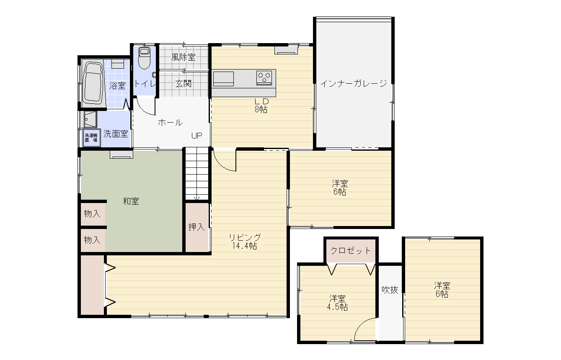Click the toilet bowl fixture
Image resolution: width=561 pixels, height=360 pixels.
pyautogui.click(x=144, y=58)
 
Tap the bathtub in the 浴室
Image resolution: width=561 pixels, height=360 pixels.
pyautogui.click(x=93, y=83)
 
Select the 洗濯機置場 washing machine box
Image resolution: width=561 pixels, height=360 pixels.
pyautogui.click(x=92, y=138)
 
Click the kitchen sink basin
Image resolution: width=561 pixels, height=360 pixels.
pyautogui.click(x=223, y=79)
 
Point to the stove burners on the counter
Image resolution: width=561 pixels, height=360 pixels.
pyautogui.click(x=264, y=78)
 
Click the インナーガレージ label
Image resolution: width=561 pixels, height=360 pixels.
pyautogui.click(x=354, y=83)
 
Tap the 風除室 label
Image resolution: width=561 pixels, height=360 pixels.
pyautogui.click(x=184, y=57)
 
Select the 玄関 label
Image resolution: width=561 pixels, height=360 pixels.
pyautogui.click(x=184, y=84)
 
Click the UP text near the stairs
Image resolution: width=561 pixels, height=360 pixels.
pyautogui.click(x=196, y=136)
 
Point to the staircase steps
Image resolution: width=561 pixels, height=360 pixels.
pyautogui.click(x=197, y=173)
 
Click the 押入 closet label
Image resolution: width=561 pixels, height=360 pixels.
pyautogui.click(x=196, y=227)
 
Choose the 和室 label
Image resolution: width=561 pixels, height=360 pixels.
pyautogui.click(x=131, y=201)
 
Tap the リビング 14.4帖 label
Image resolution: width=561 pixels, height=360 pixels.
pyautogui.click(x=245, y=242)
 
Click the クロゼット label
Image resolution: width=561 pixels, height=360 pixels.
pyautogui.click(x=350, y=250)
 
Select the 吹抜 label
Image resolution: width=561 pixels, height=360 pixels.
pyautogui.click(x=390, y=290)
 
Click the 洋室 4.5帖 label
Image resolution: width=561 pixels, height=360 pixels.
pyautogui.click(x=338, y=303)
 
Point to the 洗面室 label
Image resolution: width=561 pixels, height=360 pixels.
pyautogui.click(x=116, y=134)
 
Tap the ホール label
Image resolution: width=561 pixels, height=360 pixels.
pyautogui.click(x=170, y=122)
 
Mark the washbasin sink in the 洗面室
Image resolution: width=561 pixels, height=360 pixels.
pyautogui.click(x=90, y=119)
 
